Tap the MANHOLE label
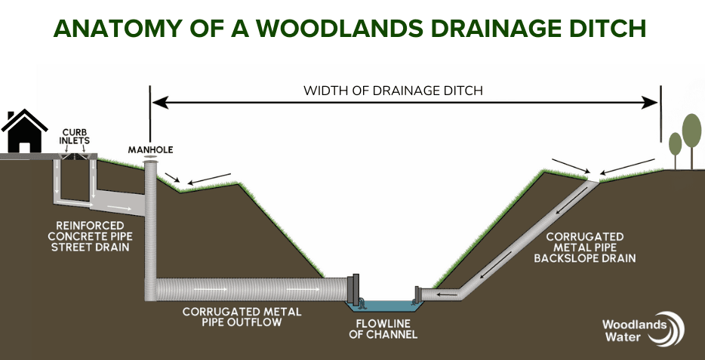click(150, 150)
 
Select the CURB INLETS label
click(75, 137)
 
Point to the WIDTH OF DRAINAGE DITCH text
click(393, 91)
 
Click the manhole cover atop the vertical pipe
click(150, 157)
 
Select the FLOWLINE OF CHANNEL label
click(383, 329)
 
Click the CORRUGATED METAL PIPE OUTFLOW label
click(242, 317)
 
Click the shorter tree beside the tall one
click(675, 149)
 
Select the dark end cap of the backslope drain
click(417, 294)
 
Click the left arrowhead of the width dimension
click(160, 103)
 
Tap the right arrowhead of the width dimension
click(649, 103)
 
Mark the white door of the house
click(24, 147)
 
